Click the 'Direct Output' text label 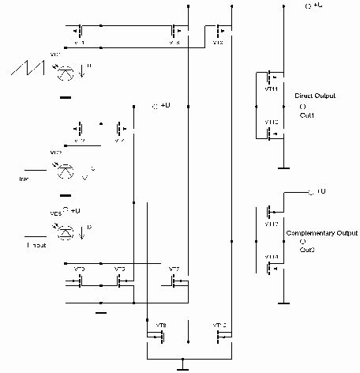pos(314,95)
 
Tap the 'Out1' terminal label pos(307,115)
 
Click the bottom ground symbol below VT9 pos(181,365)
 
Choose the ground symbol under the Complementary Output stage pos(283,304)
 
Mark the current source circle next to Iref pos(65,170)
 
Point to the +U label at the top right pos(313,6)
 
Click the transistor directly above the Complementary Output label pos(271,212)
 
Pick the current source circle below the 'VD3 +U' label pos(65,229)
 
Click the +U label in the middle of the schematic pos(161,105)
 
